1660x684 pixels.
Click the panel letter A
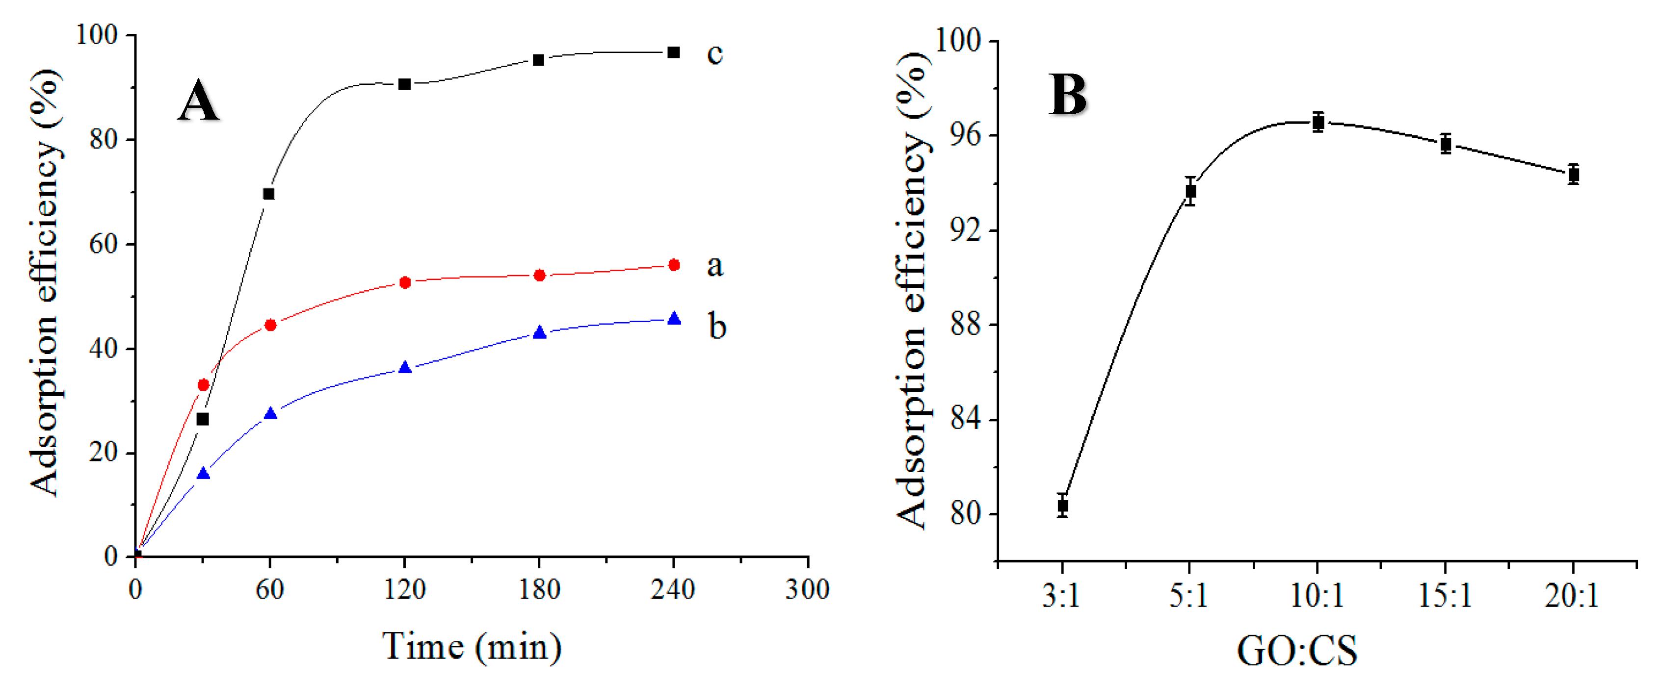[198, 101]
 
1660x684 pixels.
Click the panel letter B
[1068, 95]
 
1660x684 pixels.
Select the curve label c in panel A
[714, 53]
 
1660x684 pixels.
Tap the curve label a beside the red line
[714, 265]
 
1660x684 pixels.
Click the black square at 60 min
[269, 194]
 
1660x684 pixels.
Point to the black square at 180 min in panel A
[539, 60]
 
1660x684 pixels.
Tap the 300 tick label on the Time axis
[807, 590]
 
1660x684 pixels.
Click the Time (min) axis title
[472, 647]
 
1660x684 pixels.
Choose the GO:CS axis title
[1296, 651]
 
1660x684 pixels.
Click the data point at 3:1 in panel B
[1063, 506]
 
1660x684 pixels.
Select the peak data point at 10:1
[1318, 123]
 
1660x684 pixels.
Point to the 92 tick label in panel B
[965, 230]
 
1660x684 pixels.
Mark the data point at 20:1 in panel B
[1574, 175]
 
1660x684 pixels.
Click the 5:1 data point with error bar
[1191, 191]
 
